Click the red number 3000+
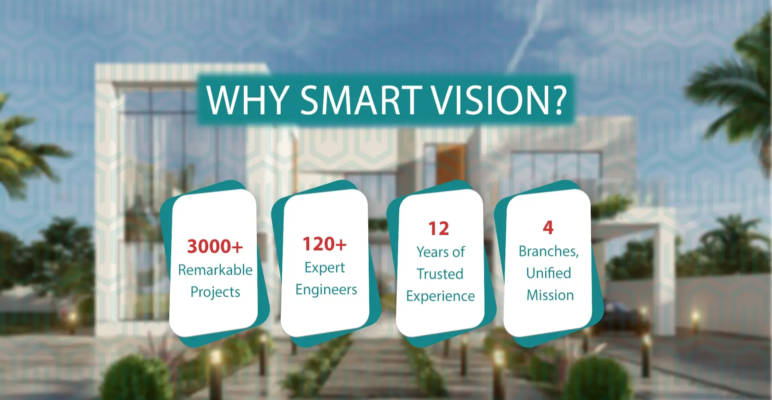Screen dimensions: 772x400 click(x=215, y=246)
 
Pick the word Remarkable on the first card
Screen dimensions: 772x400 click(x=215, y=270)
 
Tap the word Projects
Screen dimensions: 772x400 click(x=215, y=292)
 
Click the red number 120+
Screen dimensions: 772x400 click(x=324, y=244)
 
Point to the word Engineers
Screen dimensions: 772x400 click(x=326, y=290)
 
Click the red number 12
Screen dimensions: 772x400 click(x=439, y=229)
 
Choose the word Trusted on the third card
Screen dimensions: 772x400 click(x=440, y=274)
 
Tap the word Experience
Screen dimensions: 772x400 click(x=440, y=296)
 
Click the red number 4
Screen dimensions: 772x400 click(x=548, y=227)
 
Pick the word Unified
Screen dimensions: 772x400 click(x=548, y=273)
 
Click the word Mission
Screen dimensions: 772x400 click(x=550, y=295)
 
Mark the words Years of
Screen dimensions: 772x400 click(x=440, y=252)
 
